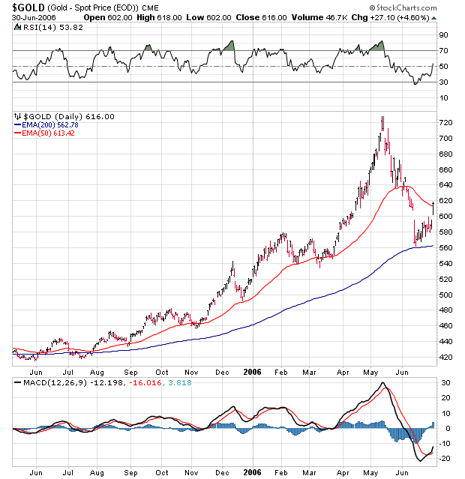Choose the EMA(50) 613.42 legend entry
coord(44,133)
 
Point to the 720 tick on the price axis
coord(445,122)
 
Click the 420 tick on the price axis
coord(445,357)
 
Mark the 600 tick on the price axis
coord(445,216)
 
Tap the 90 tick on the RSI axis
coord(443,34)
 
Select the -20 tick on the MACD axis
coord(444,459)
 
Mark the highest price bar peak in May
coord(382,117)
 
